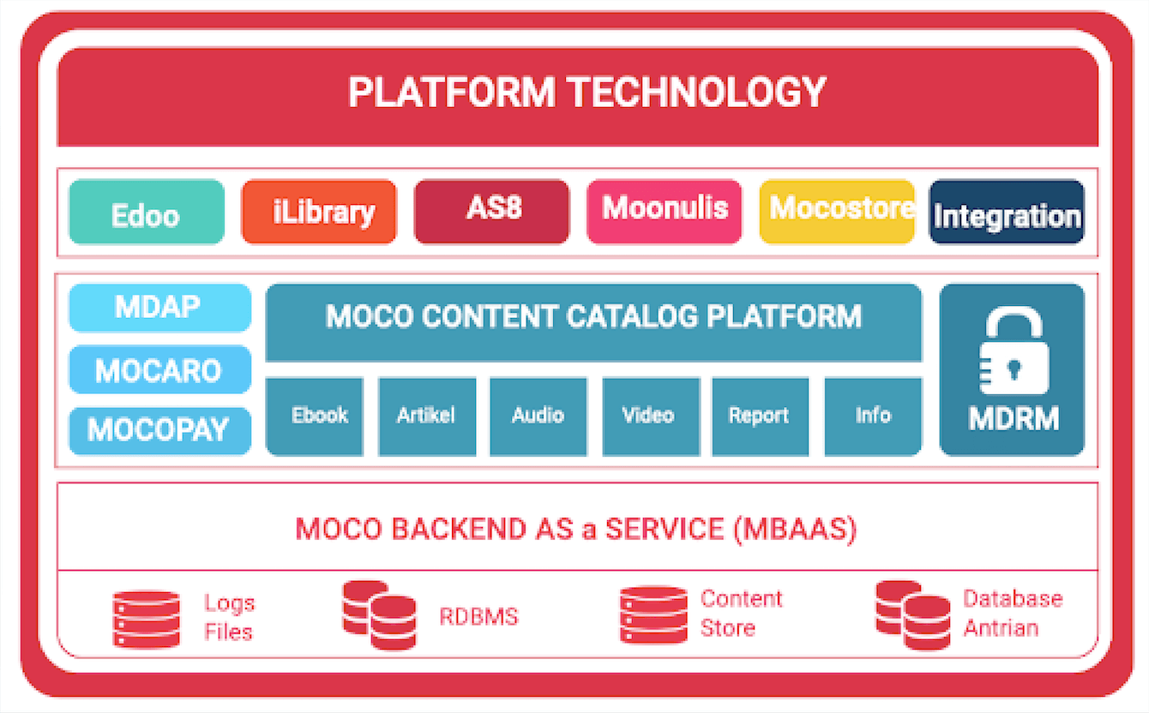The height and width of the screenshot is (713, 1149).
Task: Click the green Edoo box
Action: pos(147,212)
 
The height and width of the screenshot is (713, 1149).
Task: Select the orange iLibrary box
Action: pos(319,212)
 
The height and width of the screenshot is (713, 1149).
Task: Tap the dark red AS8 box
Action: pos(492,212)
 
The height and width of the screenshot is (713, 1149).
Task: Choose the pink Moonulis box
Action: pos(665,212)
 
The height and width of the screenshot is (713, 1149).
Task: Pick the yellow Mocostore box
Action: pos(837,212)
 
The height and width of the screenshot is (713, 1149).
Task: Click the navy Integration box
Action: pos(1007,212)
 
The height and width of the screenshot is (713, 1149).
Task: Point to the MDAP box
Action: pos(160,308)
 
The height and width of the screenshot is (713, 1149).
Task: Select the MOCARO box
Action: pos(160,369)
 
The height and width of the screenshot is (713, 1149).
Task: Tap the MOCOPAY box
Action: pos(160,431)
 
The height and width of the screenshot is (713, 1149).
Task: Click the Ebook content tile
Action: pos(315,416)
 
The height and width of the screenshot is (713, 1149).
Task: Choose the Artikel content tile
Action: pos(427,416)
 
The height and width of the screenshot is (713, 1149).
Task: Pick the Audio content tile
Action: pos(538,416)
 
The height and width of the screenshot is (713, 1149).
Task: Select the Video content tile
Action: pos(652,416)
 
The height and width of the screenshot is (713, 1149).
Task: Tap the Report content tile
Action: pos(761,416)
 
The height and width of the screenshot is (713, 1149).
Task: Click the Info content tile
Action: pos(873,416)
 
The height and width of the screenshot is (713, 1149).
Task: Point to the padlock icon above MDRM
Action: pos(1014,351)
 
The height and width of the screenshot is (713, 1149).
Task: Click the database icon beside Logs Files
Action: pos(146,620)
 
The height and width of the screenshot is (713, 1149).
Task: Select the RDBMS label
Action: pos(479,617)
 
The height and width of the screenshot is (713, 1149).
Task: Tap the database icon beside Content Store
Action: pos(653,614)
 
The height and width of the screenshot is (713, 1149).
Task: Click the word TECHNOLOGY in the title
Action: pos(698,93)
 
